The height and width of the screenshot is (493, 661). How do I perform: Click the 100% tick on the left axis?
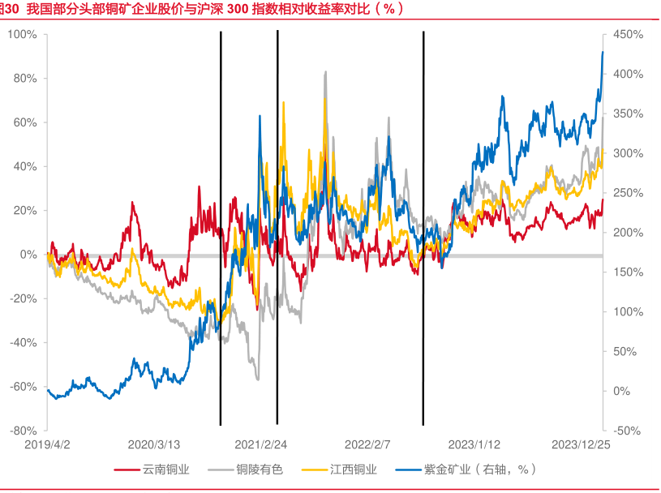pos(22,35)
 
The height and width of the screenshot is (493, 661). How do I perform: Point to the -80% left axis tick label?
pos(22,431)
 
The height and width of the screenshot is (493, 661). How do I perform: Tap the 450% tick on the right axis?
pos(628,35)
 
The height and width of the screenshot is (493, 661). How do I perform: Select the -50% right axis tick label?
pos(628,431)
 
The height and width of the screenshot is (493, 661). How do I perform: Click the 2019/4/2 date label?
pos(47,445)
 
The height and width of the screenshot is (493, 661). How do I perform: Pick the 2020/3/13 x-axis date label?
pos(153,445)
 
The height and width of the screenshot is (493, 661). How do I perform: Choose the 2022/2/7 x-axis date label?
pos(367,445)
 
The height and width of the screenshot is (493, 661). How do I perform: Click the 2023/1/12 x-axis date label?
pos(474,445)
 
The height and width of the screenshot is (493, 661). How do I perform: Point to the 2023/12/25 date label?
pos(581,445)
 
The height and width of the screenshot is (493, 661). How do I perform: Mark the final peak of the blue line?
pos(603,52)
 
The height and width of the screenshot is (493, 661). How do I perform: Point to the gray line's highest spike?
pos(326,71)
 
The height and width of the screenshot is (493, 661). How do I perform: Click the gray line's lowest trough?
pos(258,379)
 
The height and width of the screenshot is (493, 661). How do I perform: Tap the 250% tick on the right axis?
pos(628,193)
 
